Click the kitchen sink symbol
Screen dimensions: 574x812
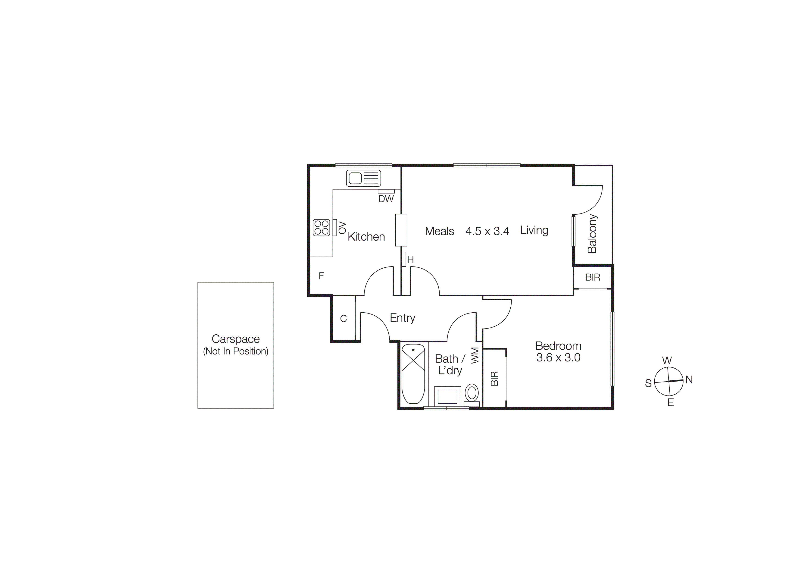pos(363,178)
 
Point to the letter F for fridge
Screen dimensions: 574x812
pos(321,276)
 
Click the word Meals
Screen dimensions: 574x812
pos(439,231)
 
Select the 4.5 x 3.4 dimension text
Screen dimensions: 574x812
pos(487,231)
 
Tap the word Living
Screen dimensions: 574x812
pos(534,230)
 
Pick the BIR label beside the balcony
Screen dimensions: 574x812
pos(593,277)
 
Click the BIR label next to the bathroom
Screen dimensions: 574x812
pos(494,378)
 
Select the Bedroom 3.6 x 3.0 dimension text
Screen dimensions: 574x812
pos(558,358)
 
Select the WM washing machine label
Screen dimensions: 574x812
pos(475,355)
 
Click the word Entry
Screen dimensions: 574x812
pos(403,318)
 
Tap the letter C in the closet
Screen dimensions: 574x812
pos(343,319)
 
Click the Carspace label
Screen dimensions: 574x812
pos(236,339)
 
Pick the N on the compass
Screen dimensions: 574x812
pos(689,380)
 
